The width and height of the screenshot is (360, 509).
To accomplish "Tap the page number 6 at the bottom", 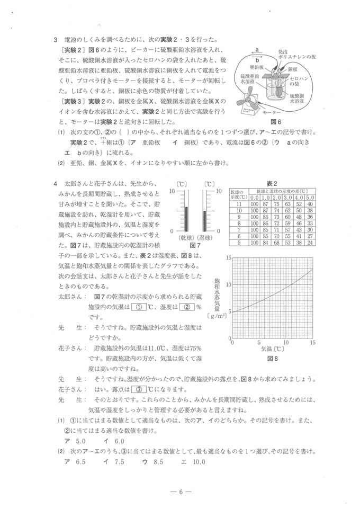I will tap(181, 491).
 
